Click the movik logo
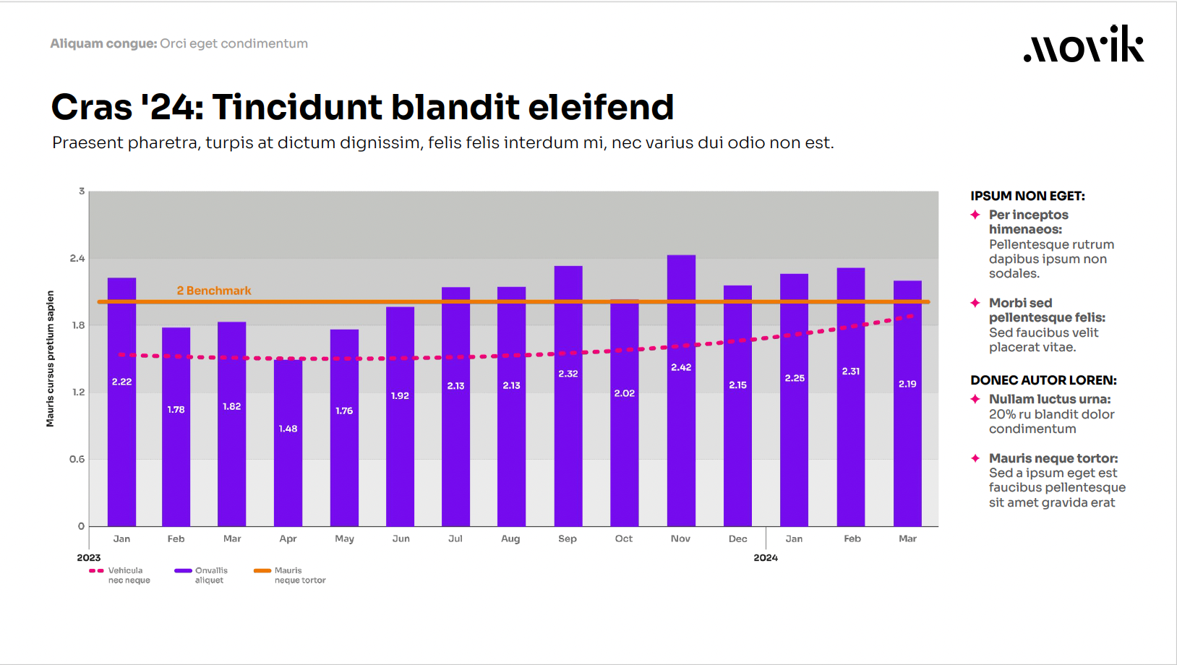(x=1083, y=45)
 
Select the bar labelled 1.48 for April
(x=288, y=442)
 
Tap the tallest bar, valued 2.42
(x=681, y=390)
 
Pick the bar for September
(x=568, y=396)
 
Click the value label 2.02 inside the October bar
(x=625, y=393)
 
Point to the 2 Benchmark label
(x=214, y=291)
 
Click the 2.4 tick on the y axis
(x=77, y=258)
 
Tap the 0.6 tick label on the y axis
(x=77, y=459)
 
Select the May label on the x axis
(x=345, y=539)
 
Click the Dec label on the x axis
(x=737, y=539)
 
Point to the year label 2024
(x=766, y=557)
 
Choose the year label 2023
(x=89, y=557)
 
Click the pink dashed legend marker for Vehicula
(x=96, y=571)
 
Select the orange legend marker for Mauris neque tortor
(x=262, y=571)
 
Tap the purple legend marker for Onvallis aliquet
(x=183, y=571)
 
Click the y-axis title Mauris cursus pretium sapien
(x=51, y=359)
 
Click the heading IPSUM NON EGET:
(x=1027, y=196)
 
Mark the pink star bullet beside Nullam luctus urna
(x=975, y=399)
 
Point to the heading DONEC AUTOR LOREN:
(x=1043, y=380)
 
